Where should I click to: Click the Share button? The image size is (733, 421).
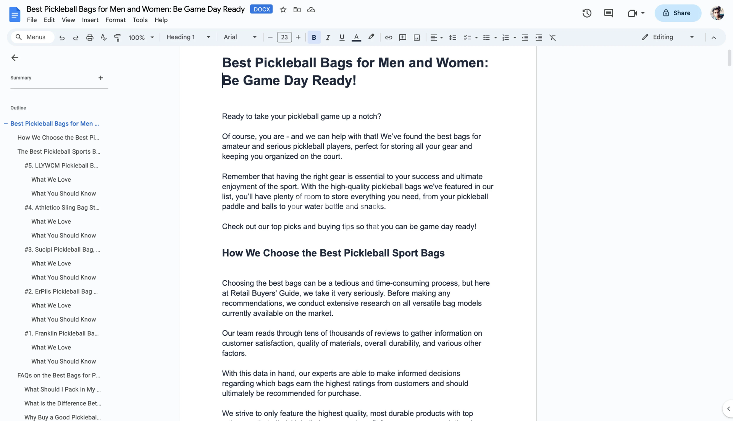point(678,13)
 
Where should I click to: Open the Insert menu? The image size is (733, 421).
point(90,20)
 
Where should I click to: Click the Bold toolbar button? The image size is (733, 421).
point(314,37)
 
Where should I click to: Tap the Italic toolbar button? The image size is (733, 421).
point(328,37)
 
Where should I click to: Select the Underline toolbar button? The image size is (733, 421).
point(342,37)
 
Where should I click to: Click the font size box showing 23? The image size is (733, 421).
point(284,37)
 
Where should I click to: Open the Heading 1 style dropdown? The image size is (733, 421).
point(188,37)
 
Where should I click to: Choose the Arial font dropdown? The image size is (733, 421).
point(240,37)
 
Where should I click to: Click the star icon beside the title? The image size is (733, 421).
point(283,10)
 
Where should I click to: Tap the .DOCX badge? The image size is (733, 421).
point(261,9)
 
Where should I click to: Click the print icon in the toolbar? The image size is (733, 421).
point(90,37)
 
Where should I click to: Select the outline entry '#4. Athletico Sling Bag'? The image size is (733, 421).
point(62,208)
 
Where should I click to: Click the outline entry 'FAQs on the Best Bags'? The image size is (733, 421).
point(58,375)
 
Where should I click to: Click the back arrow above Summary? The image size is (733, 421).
point(15,58)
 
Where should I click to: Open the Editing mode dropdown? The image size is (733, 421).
point(668,37)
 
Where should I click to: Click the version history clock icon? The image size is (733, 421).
point(587,13)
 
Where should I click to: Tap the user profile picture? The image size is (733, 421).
point(717,13)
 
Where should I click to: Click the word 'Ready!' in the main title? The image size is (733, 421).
point(334,80)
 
